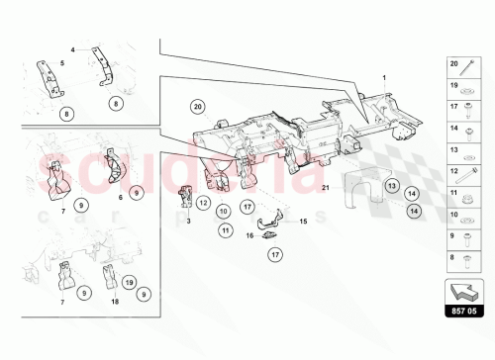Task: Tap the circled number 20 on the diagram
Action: click(x=197, y=106)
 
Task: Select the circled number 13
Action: click(x=390, y=185)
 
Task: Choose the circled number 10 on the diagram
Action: click(x=224, y=210)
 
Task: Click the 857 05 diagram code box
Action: click(x=463, y=312)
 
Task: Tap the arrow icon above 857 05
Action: click(x=463, y=289)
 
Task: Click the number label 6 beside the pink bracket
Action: click(x=119, y=198)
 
